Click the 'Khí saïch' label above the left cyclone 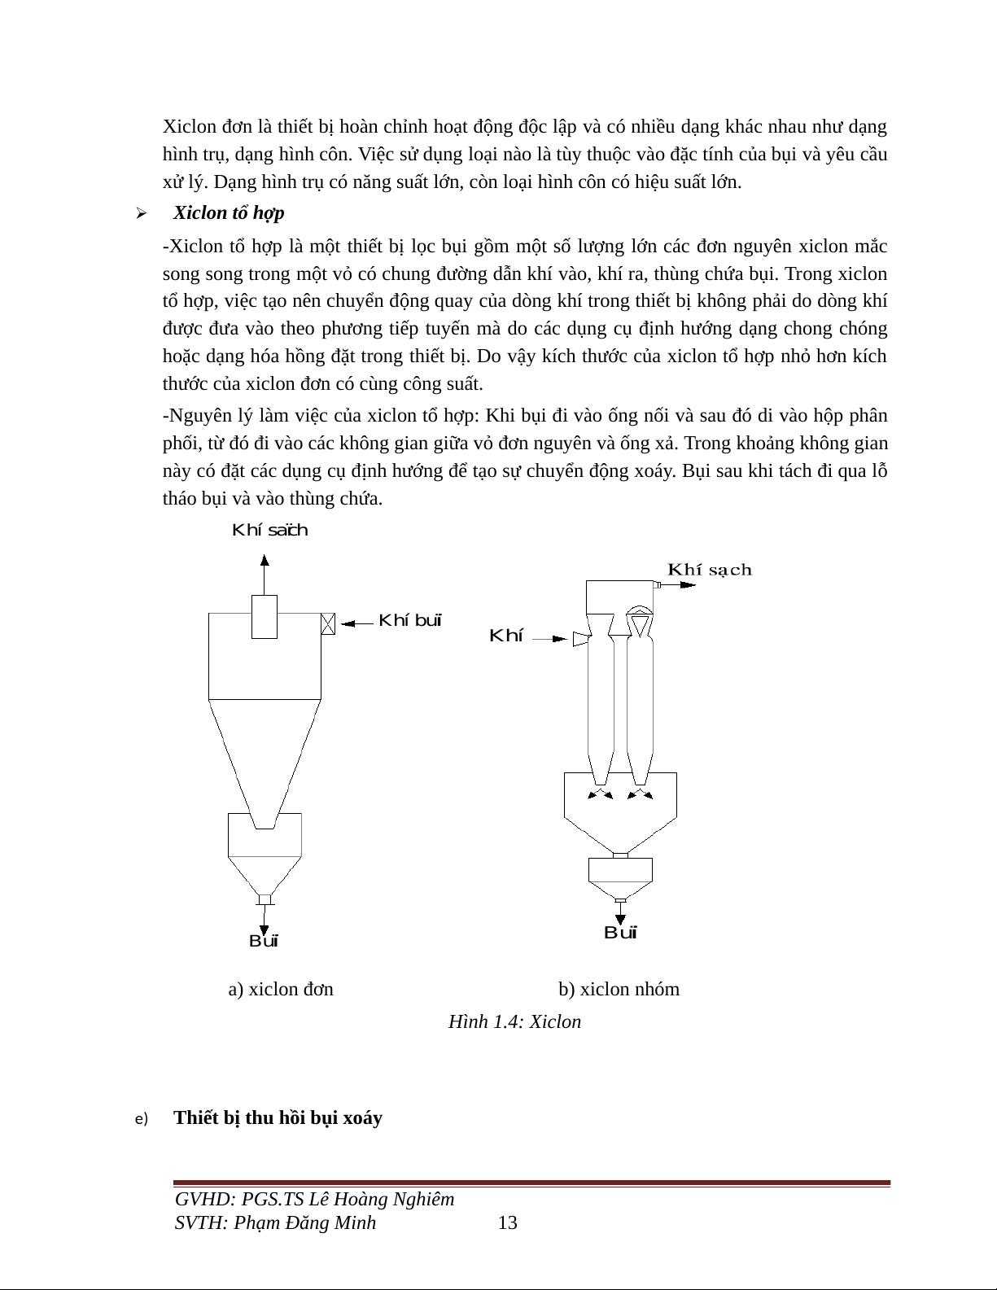click(270, 531)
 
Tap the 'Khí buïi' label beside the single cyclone click(410, 621)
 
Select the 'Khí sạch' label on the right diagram click(710, 570)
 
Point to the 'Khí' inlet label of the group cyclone click(505, 636)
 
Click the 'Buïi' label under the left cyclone click(264, 942)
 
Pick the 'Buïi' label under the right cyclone click(620, 933)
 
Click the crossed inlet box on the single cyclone click(328, 623)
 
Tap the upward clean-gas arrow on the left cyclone click(265, 574)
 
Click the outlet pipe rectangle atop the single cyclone click(265, 617)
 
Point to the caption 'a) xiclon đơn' click(281, 990)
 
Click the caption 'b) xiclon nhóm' click(619, 990)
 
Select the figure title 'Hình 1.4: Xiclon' click(514, 1021)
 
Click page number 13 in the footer click(507, 1222)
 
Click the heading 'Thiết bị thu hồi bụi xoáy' click(278, 1117)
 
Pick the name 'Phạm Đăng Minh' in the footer click(304, 1222)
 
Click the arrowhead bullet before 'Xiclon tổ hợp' click(141, 214)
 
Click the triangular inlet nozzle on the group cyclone click(580, 639)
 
